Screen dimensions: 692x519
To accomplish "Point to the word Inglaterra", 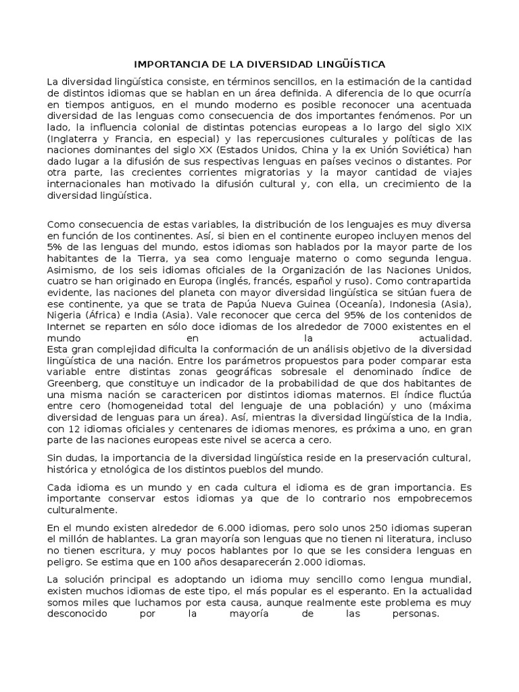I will (73, 140).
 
